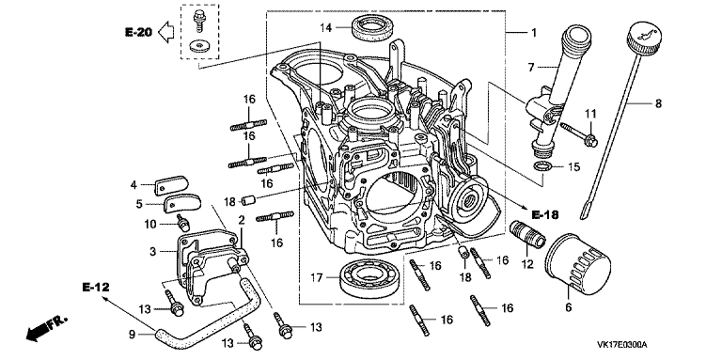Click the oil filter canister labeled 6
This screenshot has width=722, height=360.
click(x=577, y=261)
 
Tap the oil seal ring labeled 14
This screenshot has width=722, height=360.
click(x=373, y=27)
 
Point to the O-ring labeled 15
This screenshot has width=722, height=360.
click(x=541, y=166)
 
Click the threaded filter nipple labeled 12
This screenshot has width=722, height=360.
click(x=528, y=234)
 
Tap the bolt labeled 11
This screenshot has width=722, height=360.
click(x=579, y=133)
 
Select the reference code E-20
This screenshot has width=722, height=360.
click(x=138, y=32)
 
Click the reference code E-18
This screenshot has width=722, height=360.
click(x=545, y=214)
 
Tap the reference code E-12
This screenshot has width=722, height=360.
click(x=96, y=288)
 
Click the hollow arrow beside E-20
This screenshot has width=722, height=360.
click(x=166, y=32)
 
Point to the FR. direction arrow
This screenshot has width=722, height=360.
click(x=47, y=328)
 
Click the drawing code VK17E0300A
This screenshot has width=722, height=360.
click(x=622, y=345)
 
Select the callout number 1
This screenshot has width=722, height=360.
click(x=534, y=33)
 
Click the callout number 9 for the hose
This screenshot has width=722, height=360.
click(x=133, y=335)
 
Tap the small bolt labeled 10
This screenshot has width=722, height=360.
click(x=183, y=224)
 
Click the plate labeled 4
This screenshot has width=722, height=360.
click(x=172, y=185)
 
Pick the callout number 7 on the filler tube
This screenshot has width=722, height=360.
click(x=531, y=68)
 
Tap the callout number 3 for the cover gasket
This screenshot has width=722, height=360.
click(x=153, y=251)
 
